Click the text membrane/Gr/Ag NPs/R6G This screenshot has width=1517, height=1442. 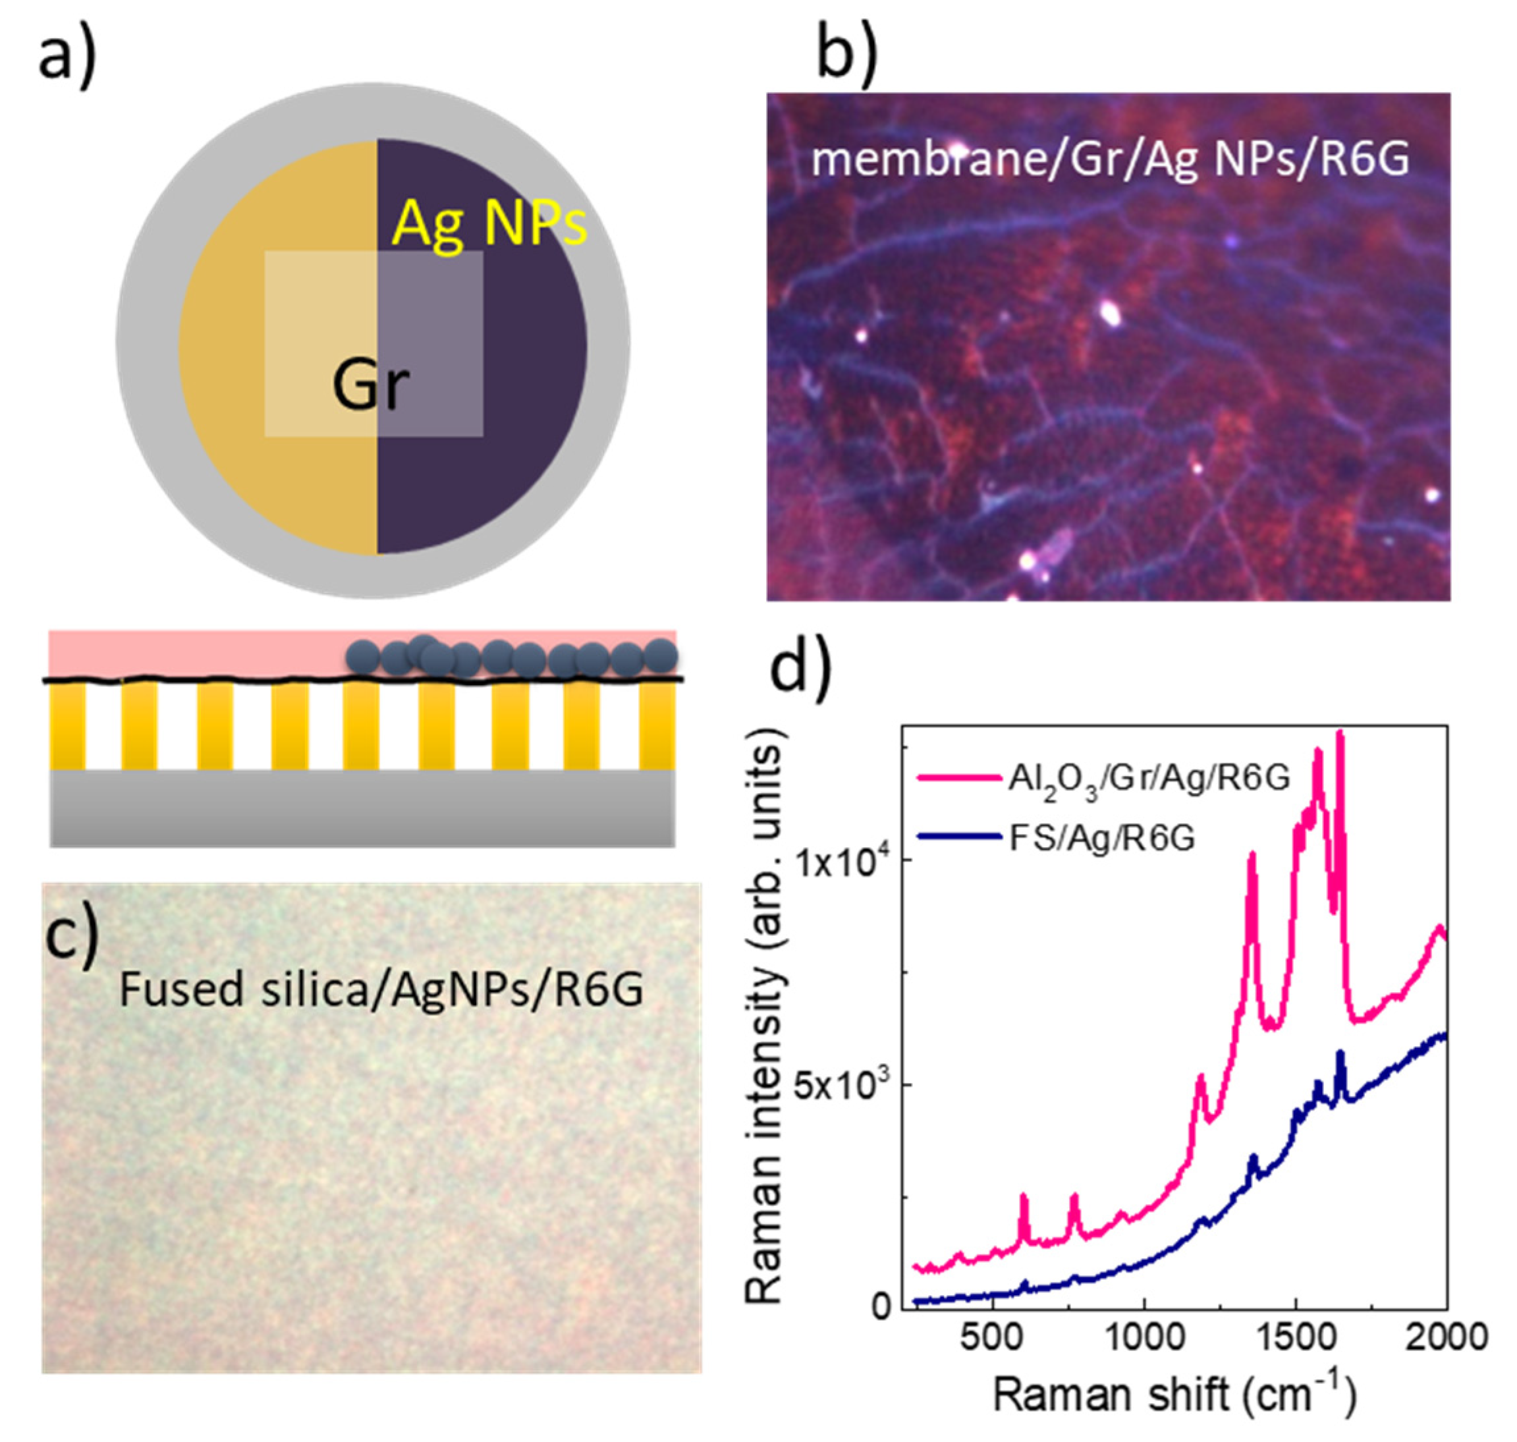(x=1110, y=161)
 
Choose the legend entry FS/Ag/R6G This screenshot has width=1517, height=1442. (x=1101, y=838)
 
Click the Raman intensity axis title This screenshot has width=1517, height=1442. (x=765, y=1014)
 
